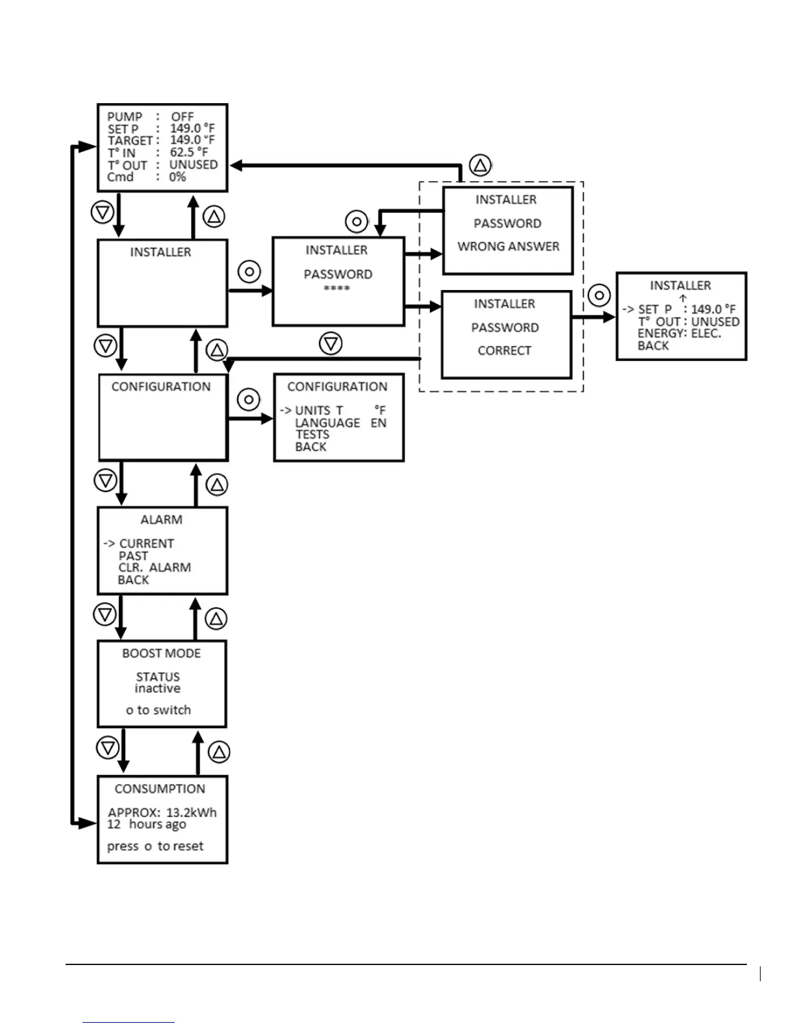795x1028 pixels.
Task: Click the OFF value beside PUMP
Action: (183, 117)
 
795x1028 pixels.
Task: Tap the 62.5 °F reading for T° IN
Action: (189, 153)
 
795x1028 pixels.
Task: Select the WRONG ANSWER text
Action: (508, 247)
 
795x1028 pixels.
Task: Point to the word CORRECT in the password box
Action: (505, 350)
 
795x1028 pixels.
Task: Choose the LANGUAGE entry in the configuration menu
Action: (327, 422)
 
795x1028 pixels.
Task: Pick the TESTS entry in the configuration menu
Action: (312, 435)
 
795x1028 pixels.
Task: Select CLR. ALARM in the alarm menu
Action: (155, 567)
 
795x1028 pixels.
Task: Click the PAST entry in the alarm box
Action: (133, 556)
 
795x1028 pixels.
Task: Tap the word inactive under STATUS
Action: (158, 689)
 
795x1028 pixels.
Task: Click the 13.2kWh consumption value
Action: (192, 813)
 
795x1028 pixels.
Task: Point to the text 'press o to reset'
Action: (155, 846)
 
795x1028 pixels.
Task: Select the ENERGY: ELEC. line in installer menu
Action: (679, 334)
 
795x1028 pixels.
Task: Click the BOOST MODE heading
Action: (162, 654)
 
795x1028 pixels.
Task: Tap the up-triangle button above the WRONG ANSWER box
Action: (480, 165)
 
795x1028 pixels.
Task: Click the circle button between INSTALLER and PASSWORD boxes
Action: (249, 271)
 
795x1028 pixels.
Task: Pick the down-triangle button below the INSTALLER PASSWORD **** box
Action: (331, 343)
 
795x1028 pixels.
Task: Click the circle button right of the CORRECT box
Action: (599, 296)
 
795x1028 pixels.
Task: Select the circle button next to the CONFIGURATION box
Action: (249, 400)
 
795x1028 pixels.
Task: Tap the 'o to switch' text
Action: (158, 710)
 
